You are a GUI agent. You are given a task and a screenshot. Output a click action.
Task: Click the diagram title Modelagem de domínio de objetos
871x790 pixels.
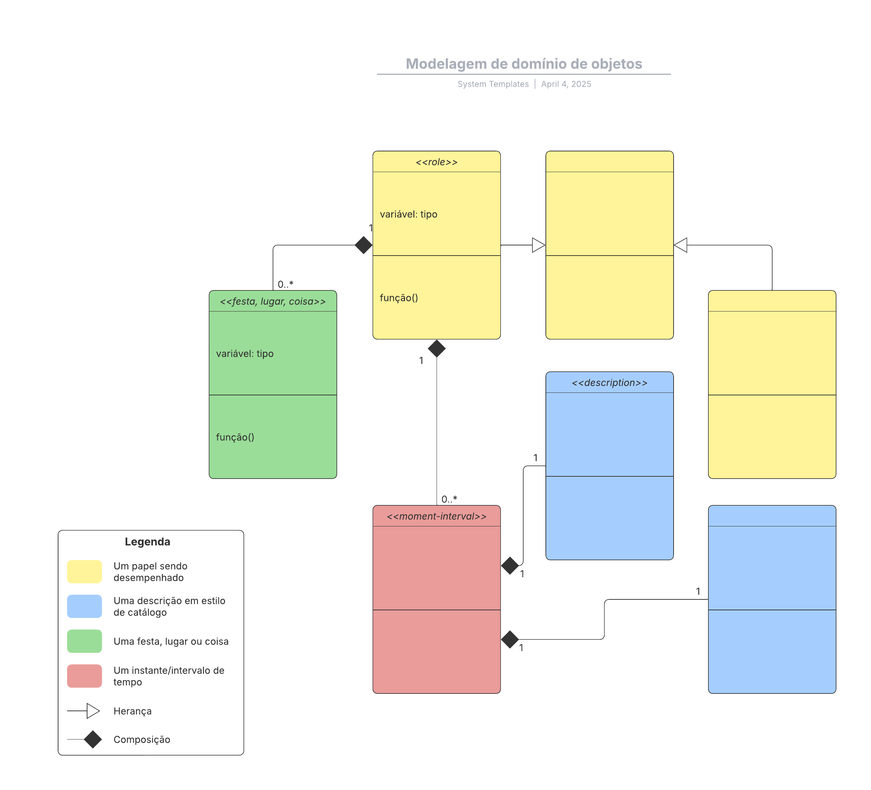524,64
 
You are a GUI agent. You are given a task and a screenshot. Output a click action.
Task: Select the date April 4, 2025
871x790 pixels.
566,84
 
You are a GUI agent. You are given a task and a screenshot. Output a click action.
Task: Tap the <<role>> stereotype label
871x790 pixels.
436,162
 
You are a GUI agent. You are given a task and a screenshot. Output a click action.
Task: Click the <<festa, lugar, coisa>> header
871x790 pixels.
273,302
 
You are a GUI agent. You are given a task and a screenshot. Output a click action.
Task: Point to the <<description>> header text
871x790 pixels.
609,383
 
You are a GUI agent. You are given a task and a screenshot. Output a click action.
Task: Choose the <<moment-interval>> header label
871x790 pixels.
436,516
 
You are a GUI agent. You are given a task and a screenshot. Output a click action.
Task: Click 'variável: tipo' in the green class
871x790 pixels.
245,354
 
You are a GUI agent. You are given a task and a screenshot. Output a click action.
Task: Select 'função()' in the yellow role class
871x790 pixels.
399,298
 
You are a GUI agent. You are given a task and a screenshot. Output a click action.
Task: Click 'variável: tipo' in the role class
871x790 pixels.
408,214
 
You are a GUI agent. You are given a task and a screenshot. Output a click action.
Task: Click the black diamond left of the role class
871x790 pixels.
363,245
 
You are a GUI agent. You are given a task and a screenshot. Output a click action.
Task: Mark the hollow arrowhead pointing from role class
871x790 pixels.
538,245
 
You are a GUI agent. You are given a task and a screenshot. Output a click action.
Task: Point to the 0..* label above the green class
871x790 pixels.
285,284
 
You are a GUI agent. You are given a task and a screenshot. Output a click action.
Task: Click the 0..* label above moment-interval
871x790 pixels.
449,500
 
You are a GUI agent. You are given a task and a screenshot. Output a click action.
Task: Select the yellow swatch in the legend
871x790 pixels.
84,572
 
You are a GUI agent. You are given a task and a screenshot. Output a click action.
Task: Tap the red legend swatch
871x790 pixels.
84,676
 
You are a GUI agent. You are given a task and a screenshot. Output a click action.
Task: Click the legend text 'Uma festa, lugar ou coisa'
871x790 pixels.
171,642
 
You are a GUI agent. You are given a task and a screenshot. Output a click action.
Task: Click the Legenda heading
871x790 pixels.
147,542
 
